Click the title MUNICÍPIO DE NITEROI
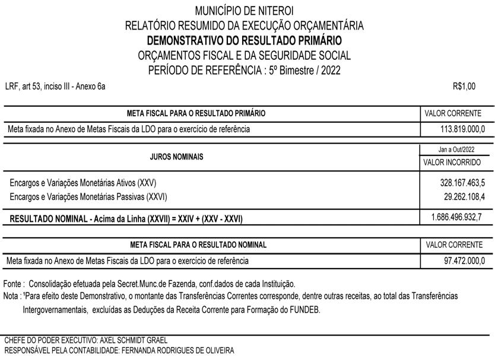(x=244, y=11)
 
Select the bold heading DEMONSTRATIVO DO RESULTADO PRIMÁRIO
(x=244, y=41)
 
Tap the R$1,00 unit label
(x=464, y=87)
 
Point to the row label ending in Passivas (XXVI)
(x=88, y=196)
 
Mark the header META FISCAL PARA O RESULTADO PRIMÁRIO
(x=196, y=113)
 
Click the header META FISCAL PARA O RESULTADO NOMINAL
(x=198, y=245)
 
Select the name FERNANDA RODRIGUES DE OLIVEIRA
(x=177, y=351)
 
